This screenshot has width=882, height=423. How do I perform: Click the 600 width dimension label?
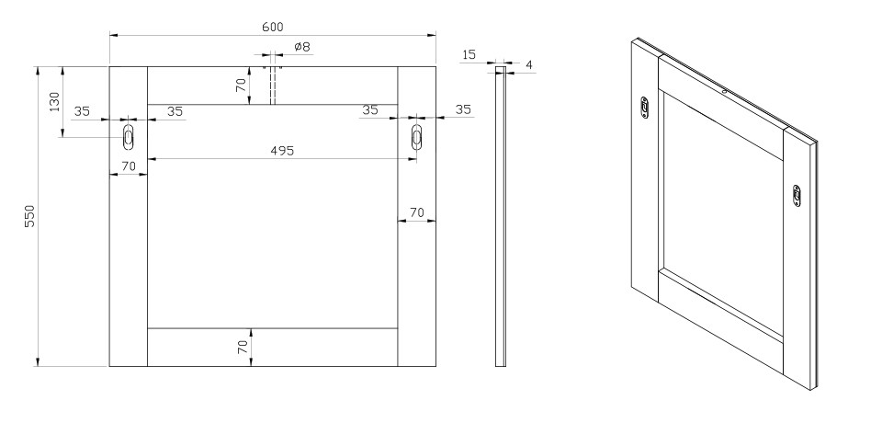point(272,27)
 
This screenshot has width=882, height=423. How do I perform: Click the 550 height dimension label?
point(29,216)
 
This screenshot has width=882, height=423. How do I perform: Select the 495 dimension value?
point(282,151)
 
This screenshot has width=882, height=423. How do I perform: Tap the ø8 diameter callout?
point(302,47)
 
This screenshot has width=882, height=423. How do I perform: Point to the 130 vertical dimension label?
point(54,102)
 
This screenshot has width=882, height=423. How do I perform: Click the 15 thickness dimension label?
point(469,54)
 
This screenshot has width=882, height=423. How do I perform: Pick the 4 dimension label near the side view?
point(529,65)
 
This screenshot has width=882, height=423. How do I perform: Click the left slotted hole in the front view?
point(129,137)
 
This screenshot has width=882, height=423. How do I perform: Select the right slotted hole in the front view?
point(416,137)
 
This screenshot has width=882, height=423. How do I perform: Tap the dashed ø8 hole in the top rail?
point(272,86)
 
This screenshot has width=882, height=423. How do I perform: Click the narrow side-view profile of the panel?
point(500,216)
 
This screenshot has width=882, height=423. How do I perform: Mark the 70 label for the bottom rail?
point(243,347)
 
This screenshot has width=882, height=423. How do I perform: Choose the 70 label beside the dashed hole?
point(241,85)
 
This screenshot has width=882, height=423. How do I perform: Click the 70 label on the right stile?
point(416,213)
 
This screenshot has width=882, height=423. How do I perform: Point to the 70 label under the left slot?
point(129,166)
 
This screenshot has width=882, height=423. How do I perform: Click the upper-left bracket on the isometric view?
point(645,107)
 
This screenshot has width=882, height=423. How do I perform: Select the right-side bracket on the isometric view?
point(797,196)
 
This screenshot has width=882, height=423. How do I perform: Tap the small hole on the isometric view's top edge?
point(725,90)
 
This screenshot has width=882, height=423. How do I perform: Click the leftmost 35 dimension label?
point(82,111)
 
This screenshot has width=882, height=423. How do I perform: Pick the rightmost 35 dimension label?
point(463,109)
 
